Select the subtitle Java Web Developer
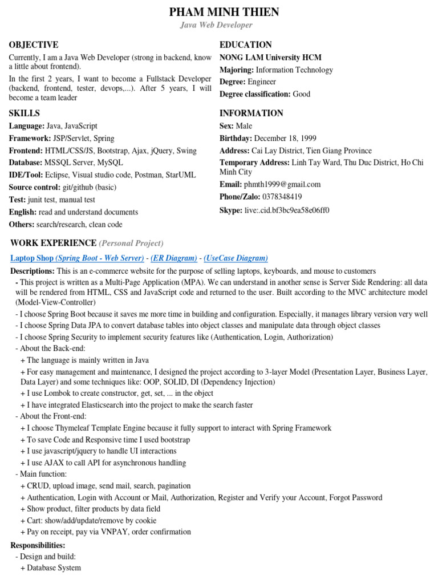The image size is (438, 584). [x=216, y=25]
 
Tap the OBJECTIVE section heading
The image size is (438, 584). [x=34, y=44]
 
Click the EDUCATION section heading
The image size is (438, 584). [x=246, y=44]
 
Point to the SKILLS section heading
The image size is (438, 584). [x=24, y=113]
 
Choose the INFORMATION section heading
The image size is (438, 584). [x=252, y=113]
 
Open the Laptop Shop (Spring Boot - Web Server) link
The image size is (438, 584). [x=77, y=258]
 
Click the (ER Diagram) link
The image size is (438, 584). [x=174, y=258]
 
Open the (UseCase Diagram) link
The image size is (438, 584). [x=236, y=258]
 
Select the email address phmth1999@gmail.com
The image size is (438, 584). [x=282, y=184]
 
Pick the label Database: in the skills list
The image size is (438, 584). [x=26, y=163]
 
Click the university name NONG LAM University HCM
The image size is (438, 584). [x=270, y=58]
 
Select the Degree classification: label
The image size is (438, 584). [x=255, y=94]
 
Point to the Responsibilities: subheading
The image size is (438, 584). [x=38, y=545]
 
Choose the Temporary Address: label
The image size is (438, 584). [x=254, y=163]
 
